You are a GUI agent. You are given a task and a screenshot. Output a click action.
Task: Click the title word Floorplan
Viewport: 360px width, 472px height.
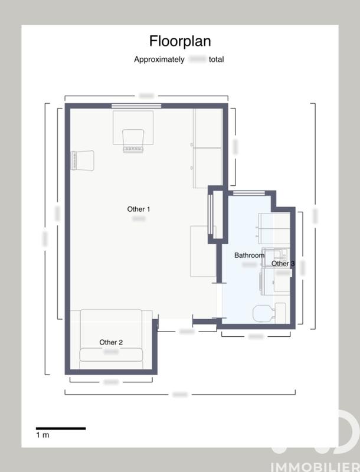coord(179,41)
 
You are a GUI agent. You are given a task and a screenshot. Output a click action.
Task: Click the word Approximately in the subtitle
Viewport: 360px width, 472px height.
coord(159,60)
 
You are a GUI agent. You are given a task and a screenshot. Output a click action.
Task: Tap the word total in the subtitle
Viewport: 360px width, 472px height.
coord(216,60)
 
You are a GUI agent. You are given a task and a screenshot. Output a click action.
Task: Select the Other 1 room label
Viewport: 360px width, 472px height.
coord(139,209)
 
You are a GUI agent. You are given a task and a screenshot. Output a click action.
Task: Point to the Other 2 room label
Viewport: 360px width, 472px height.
coord(111,342)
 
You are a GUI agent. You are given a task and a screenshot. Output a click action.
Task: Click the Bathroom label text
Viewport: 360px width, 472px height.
coord(250,255)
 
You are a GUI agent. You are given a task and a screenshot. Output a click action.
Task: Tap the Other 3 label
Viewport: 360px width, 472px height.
coord(283,264)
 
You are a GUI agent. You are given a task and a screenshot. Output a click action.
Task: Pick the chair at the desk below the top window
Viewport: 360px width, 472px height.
coord(133,140)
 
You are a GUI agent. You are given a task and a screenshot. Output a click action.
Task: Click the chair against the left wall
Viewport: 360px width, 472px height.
coord(83,160)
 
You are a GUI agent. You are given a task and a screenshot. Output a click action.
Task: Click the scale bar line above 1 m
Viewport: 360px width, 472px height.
coord(61,428)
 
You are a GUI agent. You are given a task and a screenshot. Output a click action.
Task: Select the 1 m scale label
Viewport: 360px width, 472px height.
coord(42,435)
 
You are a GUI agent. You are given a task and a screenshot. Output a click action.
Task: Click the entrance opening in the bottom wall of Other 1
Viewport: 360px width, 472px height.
coord(176,322)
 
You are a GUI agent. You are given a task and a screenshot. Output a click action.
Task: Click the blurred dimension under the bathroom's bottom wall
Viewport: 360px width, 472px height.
coord(256,336)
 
